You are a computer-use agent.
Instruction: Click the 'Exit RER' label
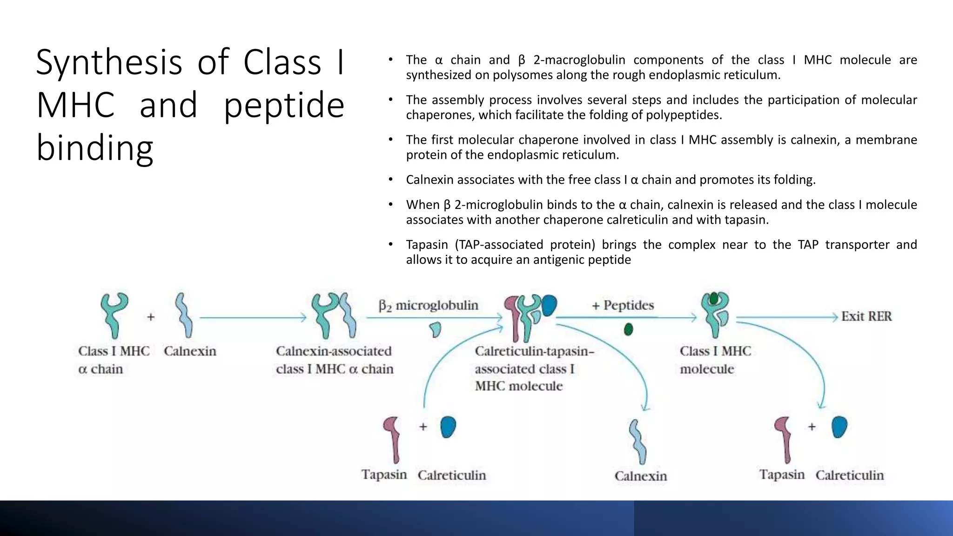866,316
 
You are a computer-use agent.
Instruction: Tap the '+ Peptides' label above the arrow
623,305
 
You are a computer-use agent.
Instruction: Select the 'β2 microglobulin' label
428,305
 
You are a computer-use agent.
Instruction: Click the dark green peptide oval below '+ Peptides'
628,329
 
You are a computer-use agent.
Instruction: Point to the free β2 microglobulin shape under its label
436,329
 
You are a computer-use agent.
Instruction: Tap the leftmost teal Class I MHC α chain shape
114,314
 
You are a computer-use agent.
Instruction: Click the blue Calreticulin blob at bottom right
839,427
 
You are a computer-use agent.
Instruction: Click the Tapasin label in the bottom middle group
384,475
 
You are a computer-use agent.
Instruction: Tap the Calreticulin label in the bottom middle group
451,475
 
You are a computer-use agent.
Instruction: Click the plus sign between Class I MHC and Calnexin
151,317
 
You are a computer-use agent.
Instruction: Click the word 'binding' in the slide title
95,147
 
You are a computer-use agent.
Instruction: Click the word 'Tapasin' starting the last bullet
427,245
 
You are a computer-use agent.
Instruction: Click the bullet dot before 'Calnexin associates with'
391,180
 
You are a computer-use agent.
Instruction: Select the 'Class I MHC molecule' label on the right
715,360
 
